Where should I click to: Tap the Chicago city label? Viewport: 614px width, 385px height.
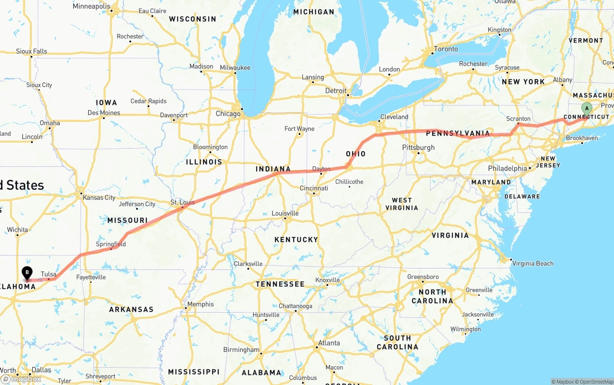point(228,114)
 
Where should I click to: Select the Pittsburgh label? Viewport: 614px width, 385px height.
point(418,147)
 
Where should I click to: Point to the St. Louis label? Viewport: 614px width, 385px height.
point(183,202)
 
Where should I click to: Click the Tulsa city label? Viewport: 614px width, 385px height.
point(48,274)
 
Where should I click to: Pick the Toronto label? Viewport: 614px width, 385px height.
point(446,49)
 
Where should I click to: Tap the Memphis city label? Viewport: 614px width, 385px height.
point(201,304)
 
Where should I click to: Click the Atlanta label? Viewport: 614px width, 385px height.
point(329,343)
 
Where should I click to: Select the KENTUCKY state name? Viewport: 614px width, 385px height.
point(296,239)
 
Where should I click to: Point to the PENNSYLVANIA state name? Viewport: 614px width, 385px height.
point(458,133)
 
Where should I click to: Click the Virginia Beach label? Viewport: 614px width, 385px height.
point(532,263)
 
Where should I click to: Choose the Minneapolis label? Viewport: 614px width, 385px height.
point(92,6)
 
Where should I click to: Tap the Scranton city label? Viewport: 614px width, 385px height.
point(519,119)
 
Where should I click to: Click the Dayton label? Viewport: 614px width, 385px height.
point(321,169)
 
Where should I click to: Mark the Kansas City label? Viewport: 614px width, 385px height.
point(99,198)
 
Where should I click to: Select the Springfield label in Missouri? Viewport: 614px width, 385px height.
point(111,244)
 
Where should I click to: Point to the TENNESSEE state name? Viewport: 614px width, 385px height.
point(280,284)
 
